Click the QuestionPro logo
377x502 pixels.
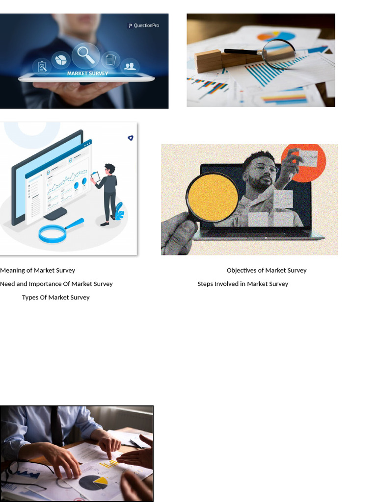143,25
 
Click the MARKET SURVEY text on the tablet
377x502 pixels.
87,74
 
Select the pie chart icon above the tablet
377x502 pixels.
61,59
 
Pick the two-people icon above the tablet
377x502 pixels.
130,66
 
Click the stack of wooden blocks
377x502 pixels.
208,60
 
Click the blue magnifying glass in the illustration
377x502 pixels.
53,233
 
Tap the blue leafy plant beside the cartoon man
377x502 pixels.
119,211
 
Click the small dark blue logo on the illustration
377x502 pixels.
130,138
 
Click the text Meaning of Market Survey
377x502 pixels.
38,270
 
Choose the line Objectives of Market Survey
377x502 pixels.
267,270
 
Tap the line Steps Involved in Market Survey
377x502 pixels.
242,284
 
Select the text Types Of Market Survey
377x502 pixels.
56,298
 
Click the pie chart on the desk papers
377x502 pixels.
93,482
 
